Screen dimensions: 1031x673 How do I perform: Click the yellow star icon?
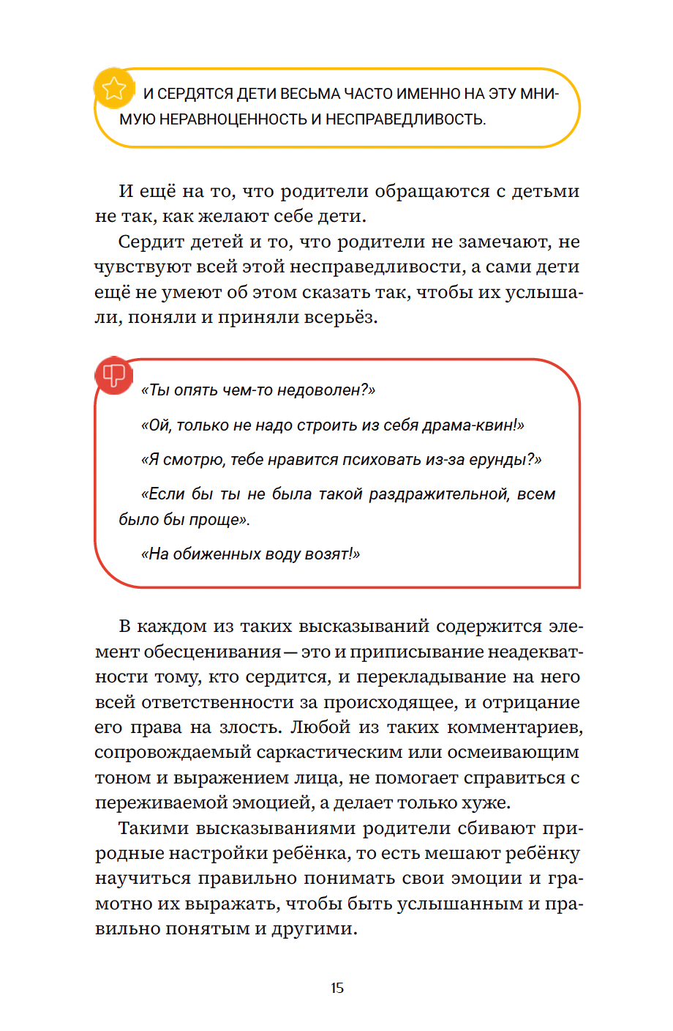click(x=114, y=89)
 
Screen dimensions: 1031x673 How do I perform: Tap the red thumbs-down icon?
click(x=113, y=376)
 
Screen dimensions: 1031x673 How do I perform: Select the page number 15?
click(x=336, y=988)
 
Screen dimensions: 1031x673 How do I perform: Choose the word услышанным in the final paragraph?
click(x=462, y=904)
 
